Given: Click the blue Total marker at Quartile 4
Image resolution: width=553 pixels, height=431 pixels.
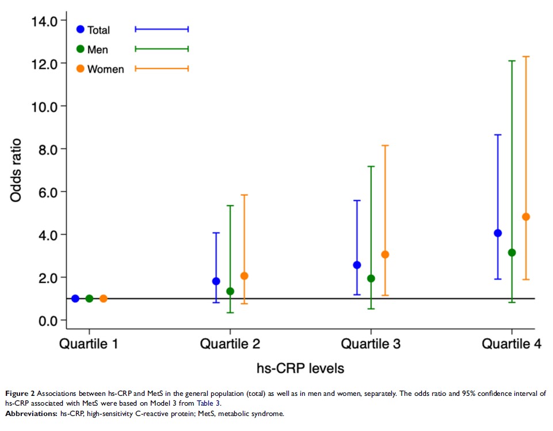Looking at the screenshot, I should tap(498, 233).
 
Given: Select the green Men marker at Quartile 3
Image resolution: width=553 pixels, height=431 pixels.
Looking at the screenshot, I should tap(371, 279).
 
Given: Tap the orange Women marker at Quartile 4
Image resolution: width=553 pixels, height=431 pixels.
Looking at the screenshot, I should tap(526, 217).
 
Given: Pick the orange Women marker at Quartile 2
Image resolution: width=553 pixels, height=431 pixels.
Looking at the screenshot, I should tap(244, 276).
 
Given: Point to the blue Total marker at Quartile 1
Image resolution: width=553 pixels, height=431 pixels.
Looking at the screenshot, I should tap(75, 299).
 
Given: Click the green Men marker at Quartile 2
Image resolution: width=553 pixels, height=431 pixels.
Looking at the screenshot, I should tap(230, 291).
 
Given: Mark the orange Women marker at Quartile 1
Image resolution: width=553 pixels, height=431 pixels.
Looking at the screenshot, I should tap(104, 299).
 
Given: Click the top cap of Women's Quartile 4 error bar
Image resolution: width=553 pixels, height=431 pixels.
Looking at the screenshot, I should tap(526, 56).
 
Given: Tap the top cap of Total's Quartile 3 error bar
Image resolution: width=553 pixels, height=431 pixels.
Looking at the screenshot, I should tap(357, 200).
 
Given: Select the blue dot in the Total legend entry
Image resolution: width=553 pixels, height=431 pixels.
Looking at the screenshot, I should tap(80, 29).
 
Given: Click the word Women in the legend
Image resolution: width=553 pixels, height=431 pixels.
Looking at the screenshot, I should tap(105, 69).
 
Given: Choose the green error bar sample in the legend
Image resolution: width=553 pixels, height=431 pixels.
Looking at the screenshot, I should tap(162, 49).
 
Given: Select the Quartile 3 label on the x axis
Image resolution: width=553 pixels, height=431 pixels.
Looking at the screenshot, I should tap(371, 344).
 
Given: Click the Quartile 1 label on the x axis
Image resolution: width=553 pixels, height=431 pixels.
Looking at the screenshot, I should tap(89, 344).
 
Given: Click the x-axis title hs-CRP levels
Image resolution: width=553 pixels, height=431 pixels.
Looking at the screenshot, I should tap(300, 367).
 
